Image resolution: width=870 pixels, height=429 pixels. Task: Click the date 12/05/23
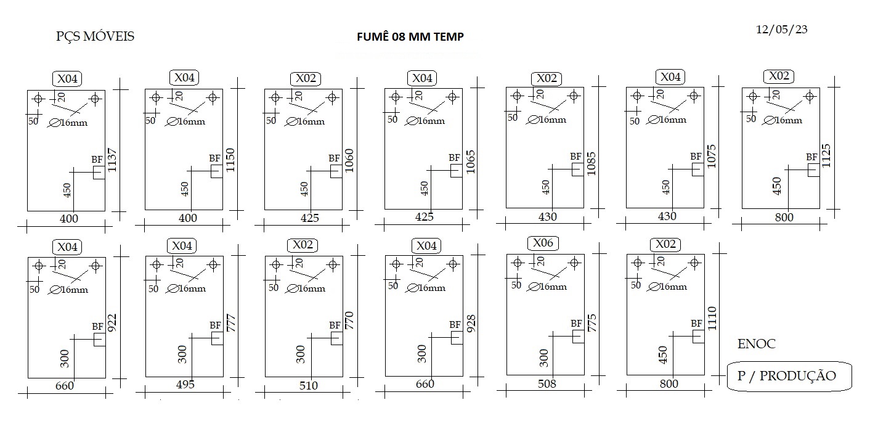[781, 30]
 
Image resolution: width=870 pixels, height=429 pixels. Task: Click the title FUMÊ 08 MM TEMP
[410, 36]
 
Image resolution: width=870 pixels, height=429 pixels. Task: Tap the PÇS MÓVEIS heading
[95, 36]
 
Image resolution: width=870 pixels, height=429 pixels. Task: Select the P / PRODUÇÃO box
[789, 376]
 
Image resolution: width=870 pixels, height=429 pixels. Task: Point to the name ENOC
[756, 344]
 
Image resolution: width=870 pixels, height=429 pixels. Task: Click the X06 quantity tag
[543, 243]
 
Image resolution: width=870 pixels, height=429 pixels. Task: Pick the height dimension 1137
[112, 160]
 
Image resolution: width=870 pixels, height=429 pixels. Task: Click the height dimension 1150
[230, 160]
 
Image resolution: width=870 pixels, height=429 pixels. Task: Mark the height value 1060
[349, 160]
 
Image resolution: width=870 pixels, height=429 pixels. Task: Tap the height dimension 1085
[591, 163]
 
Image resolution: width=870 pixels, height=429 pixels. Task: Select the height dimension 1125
[826, 156]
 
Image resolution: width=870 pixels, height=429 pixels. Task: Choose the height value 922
[112, 323]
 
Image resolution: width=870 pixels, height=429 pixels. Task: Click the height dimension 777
[230, 323]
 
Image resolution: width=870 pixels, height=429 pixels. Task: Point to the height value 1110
[712, 319]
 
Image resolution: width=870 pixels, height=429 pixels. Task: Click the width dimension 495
[185, 385]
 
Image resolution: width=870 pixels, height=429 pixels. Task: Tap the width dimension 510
[309, 385]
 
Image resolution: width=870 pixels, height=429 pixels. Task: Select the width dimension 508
[547, 384]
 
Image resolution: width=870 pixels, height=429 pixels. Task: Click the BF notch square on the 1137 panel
[99, 173]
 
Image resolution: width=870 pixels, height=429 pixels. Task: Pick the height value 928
[471, 324]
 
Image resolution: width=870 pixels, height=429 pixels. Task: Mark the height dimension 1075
[711, 157]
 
